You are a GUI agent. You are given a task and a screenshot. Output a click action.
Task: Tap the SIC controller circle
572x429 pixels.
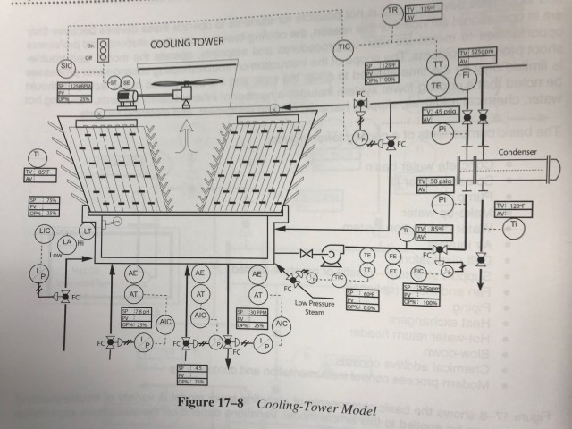(x=65, y=65)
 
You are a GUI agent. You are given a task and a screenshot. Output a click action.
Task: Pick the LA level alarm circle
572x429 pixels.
(x=66, y=243)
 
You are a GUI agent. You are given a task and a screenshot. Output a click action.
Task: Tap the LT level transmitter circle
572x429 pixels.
(x=89, y=232)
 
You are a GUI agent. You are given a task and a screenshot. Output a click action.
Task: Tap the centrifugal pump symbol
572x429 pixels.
(x=330, y=255)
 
